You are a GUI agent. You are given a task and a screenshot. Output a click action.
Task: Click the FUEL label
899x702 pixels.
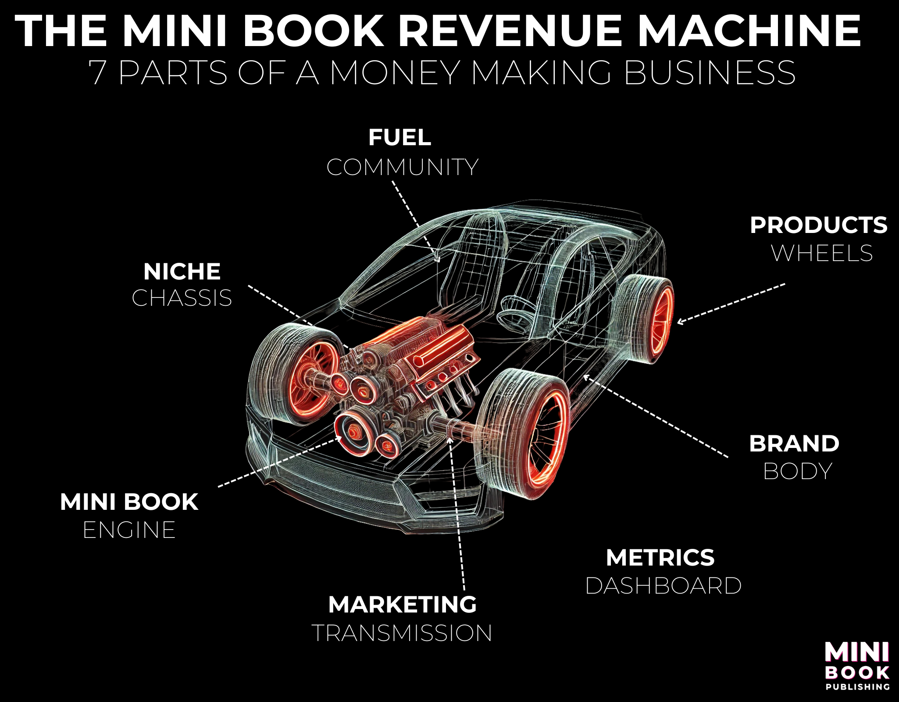(x=400, y=137)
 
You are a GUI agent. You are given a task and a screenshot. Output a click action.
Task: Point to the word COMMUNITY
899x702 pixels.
(x=402, y=167)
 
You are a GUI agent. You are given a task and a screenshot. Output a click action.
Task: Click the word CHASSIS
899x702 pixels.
(x=182, y=298)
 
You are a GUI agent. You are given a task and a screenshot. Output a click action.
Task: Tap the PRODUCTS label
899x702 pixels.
(x=818, y=225)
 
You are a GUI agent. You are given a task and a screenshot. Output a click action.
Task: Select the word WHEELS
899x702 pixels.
(x=822, y=253)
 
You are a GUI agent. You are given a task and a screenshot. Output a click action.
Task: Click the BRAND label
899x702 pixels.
(x=794, y=444)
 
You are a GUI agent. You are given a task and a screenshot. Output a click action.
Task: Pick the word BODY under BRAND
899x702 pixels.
(x=797, y=472)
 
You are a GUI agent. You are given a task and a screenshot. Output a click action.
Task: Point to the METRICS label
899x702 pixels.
(x=660, y=558)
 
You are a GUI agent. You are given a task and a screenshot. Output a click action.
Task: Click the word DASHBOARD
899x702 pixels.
(x=663, y=586)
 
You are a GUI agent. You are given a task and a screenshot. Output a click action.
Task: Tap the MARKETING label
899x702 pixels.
(x=402, y=605)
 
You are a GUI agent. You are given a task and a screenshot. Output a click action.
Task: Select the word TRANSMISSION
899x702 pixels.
(x=402, y=633)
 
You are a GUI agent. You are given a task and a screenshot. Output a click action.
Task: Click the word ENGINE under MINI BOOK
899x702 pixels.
(x=129, y=530)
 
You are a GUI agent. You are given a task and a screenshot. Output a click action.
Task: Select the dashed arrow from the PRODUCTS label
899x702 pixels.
(x=732, y=303)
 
